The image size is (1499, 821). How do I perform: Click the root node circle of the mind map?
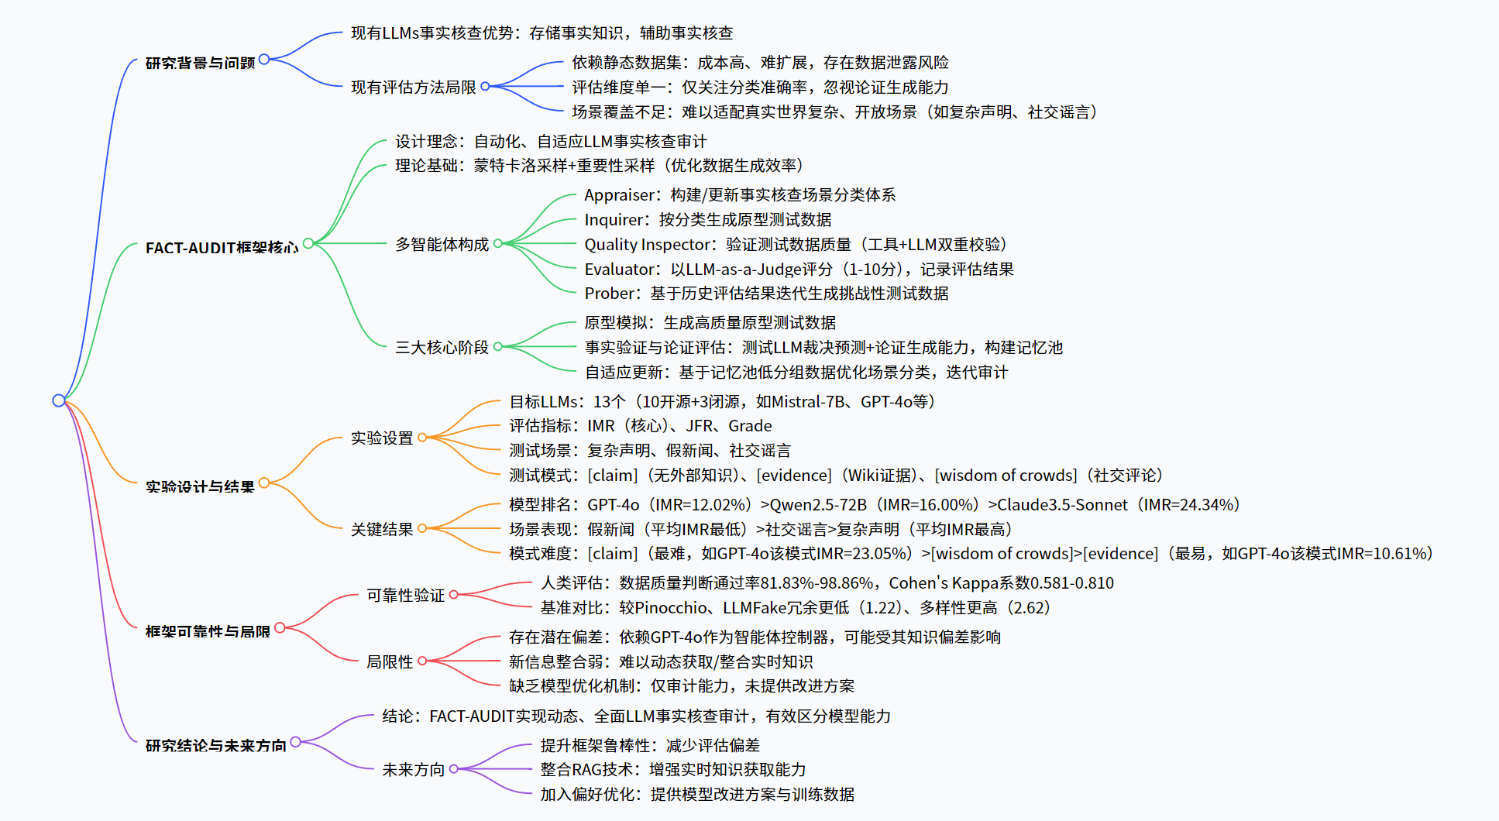(59, 400)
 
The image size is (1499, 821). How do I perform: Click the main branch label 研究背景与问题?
(200, 63)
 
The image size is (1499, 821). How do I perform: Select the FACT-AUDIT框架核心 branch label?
(222, 248)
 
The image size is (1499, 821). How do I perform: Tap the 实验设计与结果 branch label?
(200, 486)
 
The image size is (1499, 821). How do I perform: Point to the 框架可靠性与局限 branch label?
(208, 631)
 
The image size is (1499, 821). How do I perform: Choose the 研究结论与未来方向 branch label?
(215, 745)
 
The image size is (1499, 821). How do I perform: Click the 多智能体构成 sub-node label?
(442, 245)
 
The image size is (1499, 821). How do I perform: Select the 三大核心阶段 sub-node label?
(442, 347)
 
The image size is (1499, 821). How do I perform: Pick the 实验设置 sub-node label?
(382, 438)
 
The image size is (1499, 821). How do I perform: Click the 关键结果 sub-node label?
(382, 529)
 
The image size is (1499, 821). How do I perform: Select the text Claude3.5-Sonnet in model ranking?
(1061, 505)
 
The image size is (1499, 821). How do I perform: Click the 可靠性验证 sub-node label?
(405, 595)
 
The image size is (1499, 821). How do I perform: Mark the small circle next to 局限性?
(422, 661)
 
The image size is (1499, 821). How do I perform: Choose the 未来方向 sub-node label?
(413, 769)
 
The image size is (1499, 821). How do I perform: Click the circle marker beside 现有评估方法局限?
(485, 87)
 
